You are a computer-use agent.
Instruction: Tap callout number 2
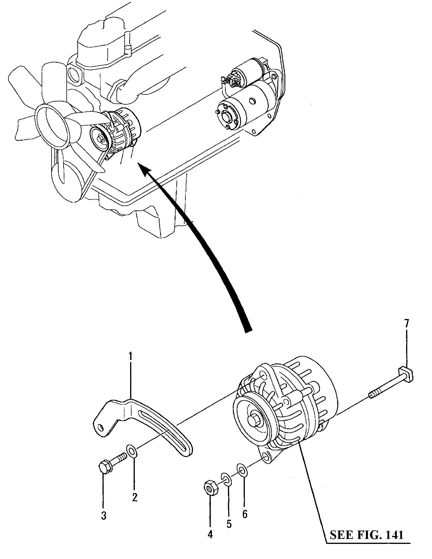tap(134, 498)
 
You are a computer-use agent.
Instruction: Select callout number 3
tap(104, 516)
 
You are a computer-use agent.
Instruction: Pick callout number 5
tap(229, 524)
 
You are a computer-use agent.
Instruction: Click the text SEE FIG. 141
tap(367, 535)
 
